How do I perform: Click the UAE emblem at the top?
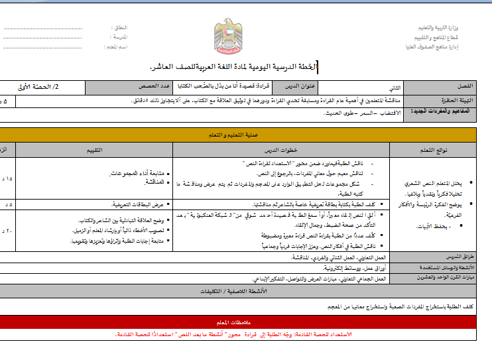229,37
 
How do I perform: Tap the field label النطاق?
119,27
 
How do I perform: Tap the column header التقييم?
93,150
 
